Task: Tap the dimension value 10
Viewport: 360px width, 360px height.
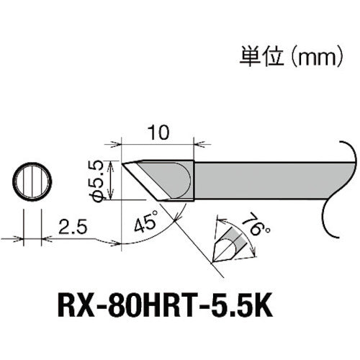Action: point(160,134)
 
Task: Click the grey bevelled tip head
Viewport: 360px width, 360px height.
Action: point(158,176)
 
